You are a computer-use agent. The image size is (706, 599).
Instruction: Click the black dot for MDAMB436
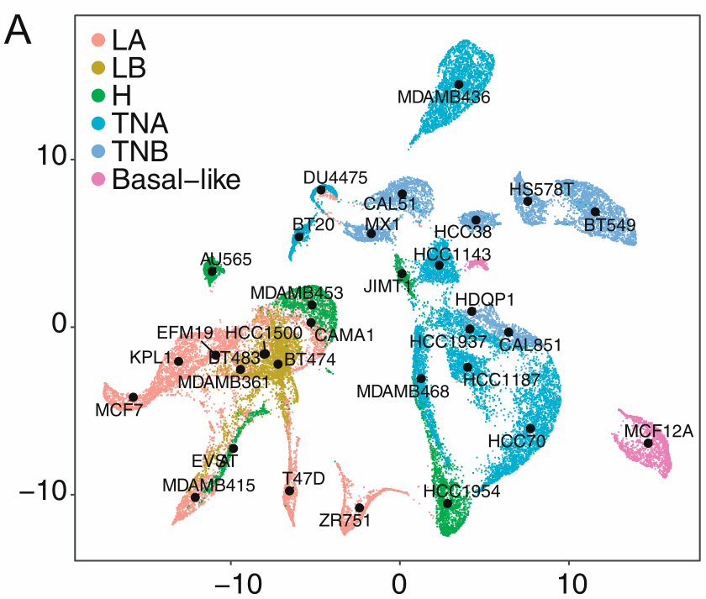[x=459, y=84]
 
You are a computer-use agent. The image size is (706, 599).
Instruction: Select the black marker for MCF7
[x=133, y=397]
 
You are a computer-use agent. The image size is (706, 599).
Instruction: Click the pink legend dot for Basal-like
[x=98, y=178]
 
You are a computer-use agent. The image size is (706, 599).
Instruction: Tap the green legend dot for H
[x=98, y=95]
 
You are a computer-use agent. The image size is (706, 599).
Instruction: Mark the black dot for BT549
[x=595, y=212]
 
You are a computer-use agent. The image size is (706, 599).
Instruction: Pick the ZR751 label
[x=345, y=521]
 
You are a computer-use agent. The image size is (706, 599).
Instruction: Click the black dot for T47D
[x=289, y=491]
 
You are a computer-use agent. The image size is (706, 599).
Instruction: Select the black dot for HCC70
[x=530, y=428]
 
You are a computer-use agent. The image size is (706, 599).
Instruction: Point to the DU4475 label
[x=335, y=177]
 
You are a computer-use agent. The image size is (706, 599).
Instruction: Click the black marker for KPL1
[x=178, y=361]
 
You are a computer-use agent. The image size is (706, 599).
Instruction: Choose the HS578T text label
[x=541, y=189]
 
